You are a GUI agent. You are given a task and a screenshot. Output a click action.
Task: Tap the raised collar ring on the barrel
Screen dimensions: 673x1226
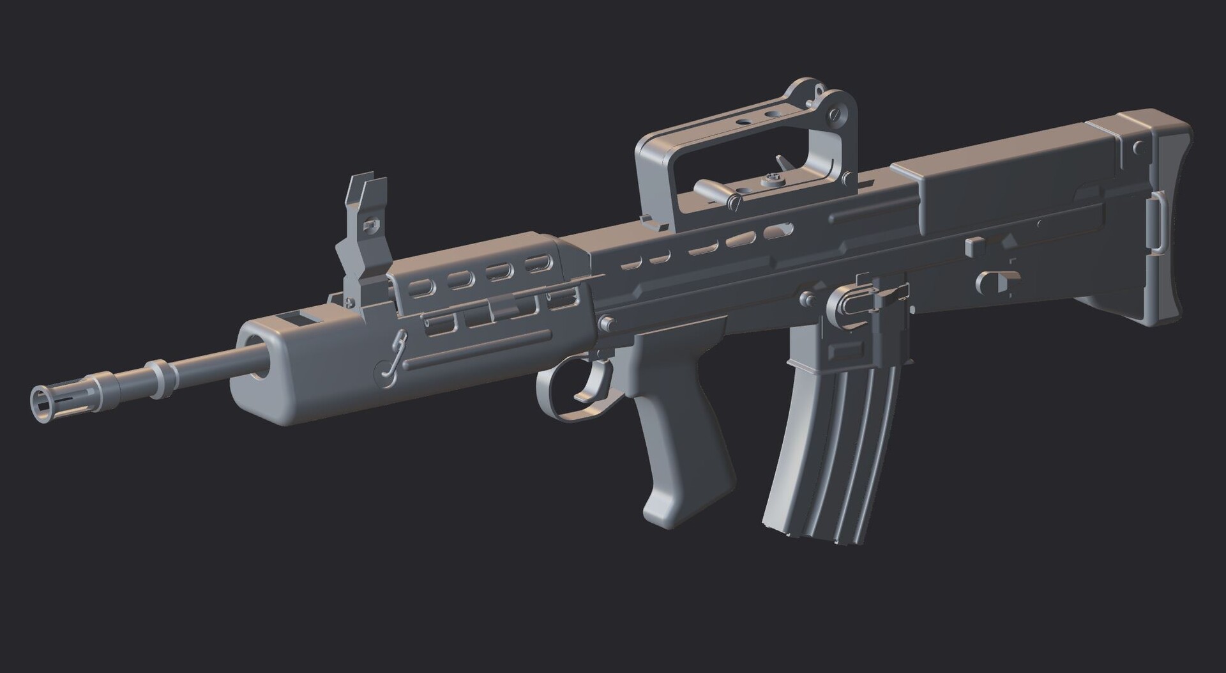pos(160,378)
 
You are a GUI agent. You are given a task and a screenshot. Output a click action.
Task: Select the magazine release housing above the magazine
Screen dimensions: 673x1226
pos(849,307)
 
